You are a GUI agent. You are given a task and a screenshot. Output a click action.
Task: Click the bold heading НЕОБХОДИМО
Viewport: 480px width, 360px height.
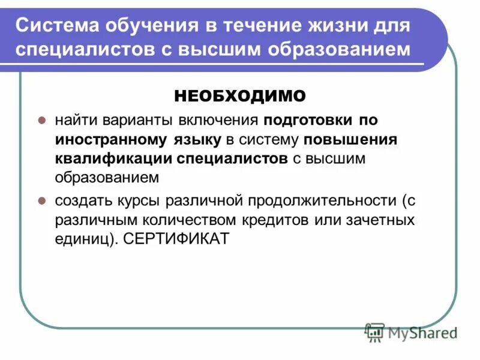tap(240, 95)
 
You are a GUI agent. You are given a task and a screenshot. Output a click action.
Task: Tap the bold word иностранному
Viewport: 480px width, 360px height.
tap(97, 139)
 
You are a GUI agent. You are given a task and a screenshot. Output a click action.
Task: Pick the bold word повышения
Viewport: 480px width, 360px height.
tap(351, 139)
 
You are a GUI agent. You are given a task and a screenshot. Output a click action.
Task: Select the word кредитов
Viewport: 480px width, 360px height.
tap(274, 220)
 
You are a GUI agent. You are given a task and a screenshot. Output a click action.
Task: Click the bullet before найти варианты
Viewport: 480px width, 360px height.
tap(43, 120)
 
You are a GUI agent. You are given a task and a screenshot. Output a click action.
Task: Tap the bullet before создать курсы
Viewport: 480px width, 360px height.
tap(43, 200)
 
